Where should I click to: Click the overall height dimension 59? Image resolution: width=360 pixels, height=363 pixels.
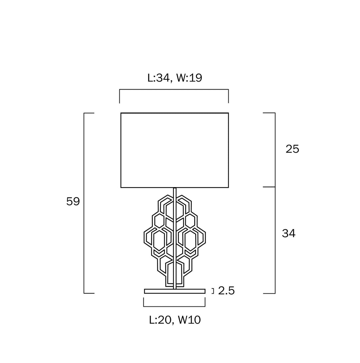point(73,201)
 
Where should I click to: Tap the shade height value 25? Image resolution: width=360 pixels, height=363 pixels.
point(292,149)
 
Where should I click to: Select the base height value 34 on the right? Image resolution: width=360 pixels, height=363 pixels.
point(289,233)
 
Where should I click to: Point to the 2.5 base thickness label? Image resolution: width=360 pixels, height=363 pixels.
point(226,290)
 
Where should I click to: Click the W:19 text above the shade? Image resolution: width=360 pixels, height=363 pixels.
point(189,78)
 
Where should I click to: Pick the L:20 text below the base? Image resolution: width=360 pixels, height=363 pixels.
point(160,320)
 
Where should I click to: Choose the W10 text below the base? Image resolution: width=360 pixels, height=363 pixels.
point(189,320)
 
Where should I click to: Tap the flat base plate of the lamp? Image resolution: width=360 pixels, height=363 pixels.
point(175,291)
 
